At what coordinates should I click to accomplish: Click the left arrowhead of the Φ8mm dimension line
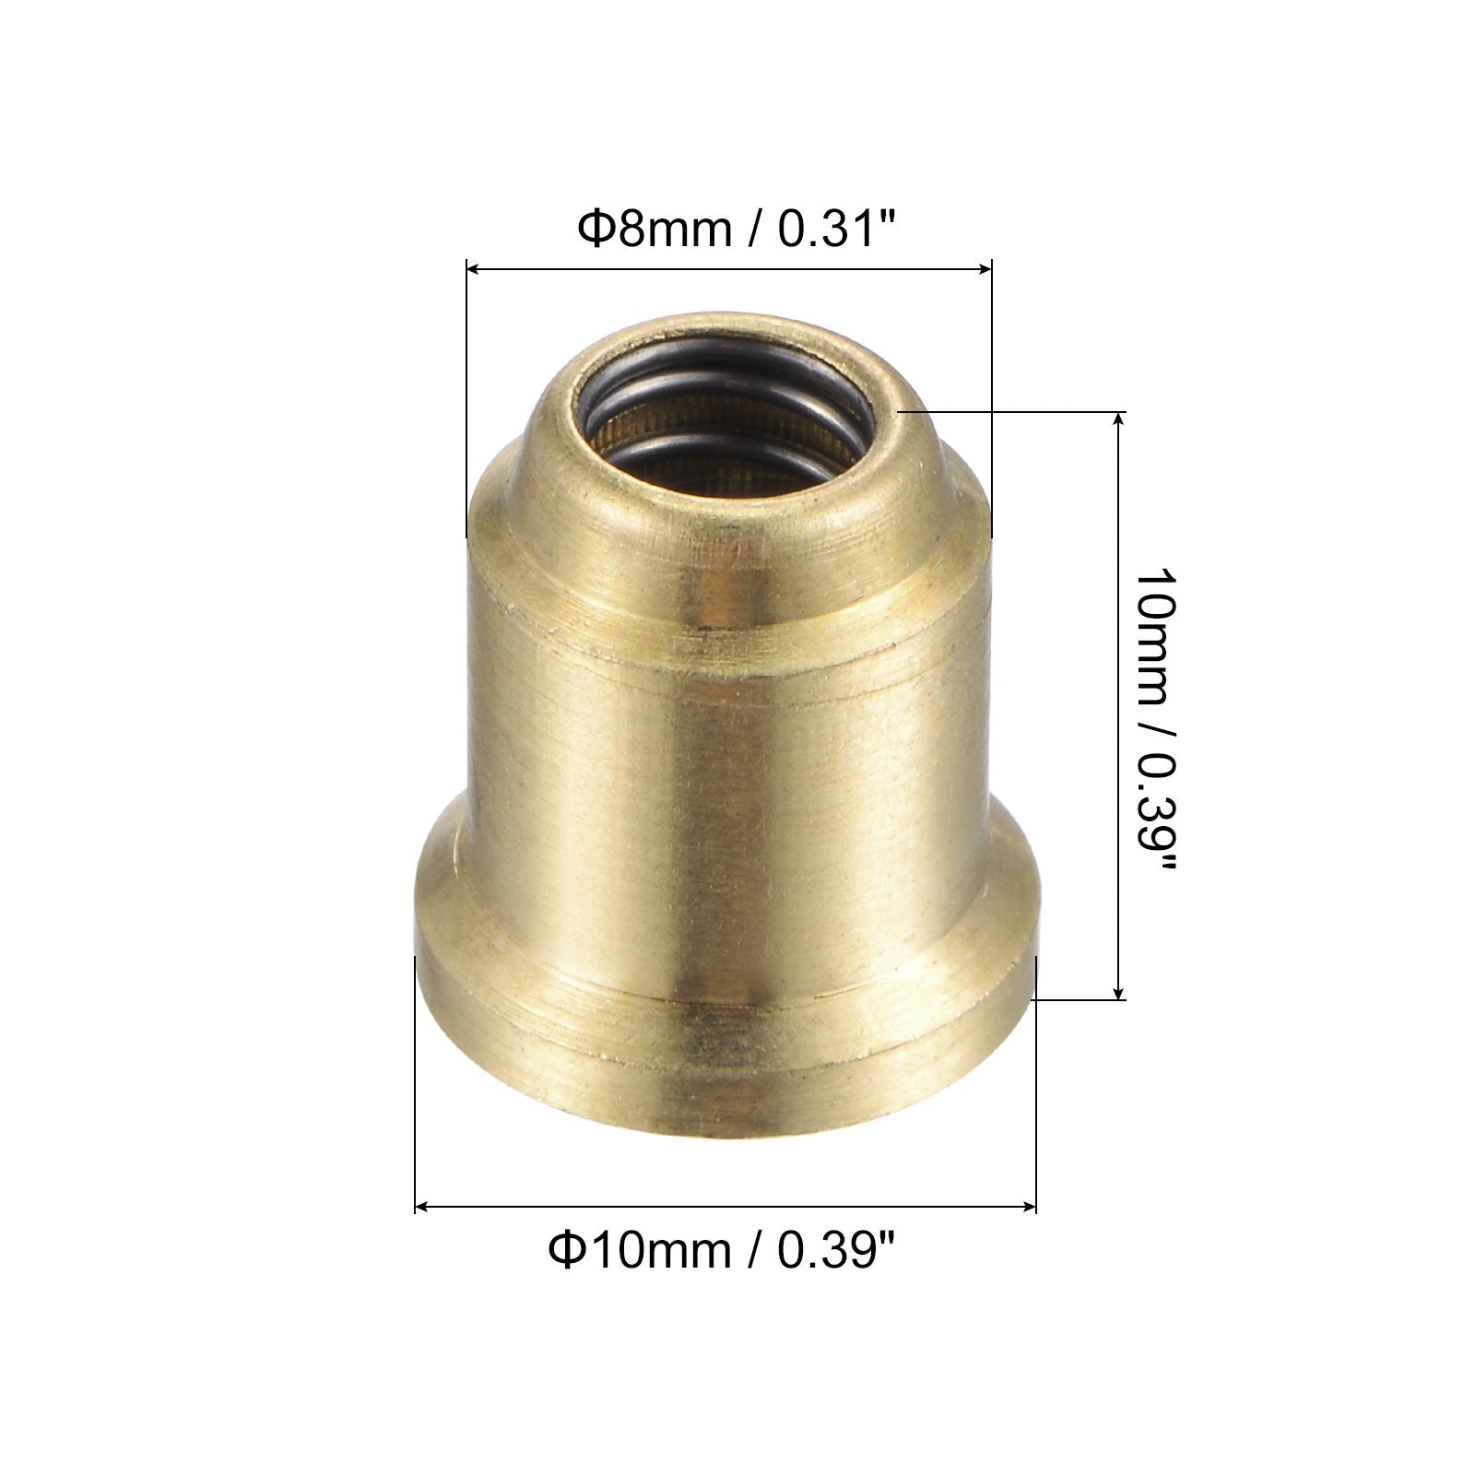click(476, 269)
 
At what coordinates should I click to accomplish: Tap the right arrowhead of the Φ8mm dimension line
click(983, 269)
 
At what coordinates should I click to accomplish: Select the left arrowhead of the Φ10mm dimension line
click(424, 1206)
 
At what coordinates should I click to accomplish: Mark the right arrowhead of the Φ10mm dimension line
click(1028, 1206)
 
